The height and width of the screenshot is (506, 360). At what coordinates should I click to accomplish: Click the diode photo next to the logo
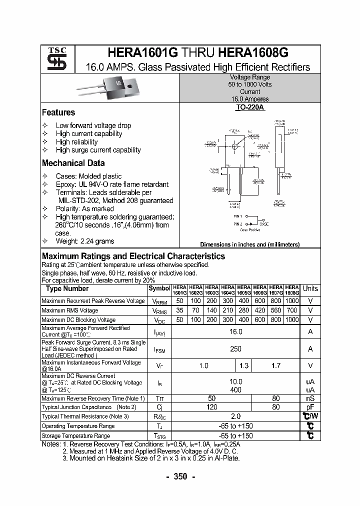(108, 88)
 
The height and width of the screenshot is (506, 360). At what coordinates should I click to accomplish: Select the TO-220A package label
(249, 107)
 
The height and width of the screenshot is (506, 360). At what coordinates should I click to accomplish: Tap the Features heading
(58, 112)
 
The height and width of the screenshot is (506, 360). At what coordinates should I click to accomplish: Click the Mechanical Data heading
(73, 163)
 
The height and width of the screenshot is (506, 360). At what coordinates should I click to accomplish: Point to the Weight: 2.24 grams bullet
(84, 241)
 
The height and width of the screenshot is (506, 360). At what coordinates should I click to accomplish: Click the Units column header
(310, 288)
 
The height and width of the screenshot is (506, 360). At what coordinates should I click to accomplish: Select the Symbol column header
(159, 288)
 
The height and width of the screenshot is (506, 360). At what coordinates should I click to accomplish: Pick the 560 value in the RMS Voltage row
(275, 310)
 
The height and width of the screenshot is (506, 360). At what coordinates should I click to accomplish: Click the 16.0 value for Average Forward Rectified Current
(235, 331)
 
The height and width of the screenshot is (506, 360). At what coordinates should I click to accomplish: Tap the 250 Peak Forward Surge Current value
(235, 349)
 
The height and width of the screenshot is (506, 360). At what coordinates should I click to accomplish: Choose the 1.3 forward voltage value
(244, 366)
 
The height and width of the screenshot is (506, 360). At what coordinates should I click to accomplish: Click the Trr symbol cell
(159, 398)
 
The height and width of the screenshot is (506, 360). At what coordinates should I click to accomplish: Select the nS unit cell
(310, 398)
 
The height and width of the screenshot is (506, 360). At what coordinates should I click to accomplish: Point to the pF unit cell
(310, 407)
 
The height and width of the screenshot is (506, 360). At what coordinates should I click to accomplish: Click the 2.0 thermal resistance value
(235, 416)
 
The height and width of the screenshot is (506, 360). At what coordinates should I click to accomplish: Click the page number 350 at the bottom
(180, 476)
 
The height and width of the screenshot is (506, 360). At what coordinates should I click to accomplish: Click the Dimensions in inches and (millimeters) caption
(249, 244)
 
